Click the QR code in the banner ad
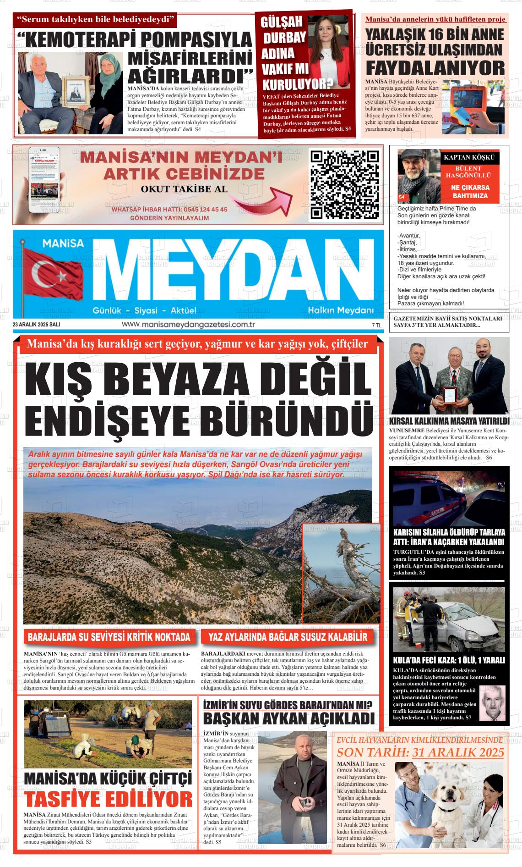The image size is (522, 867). [x=344, y=184]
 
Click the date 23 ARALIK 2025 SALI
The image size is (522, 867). [x=37, y=325]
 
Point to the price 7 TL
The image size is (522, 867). [x=376, y=325]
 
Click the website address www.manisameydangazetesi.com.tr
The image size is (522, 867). [x=188, y=325]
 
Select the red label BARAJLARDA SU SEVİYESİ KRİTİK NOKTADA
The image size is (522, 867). [x=109, y=637]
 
